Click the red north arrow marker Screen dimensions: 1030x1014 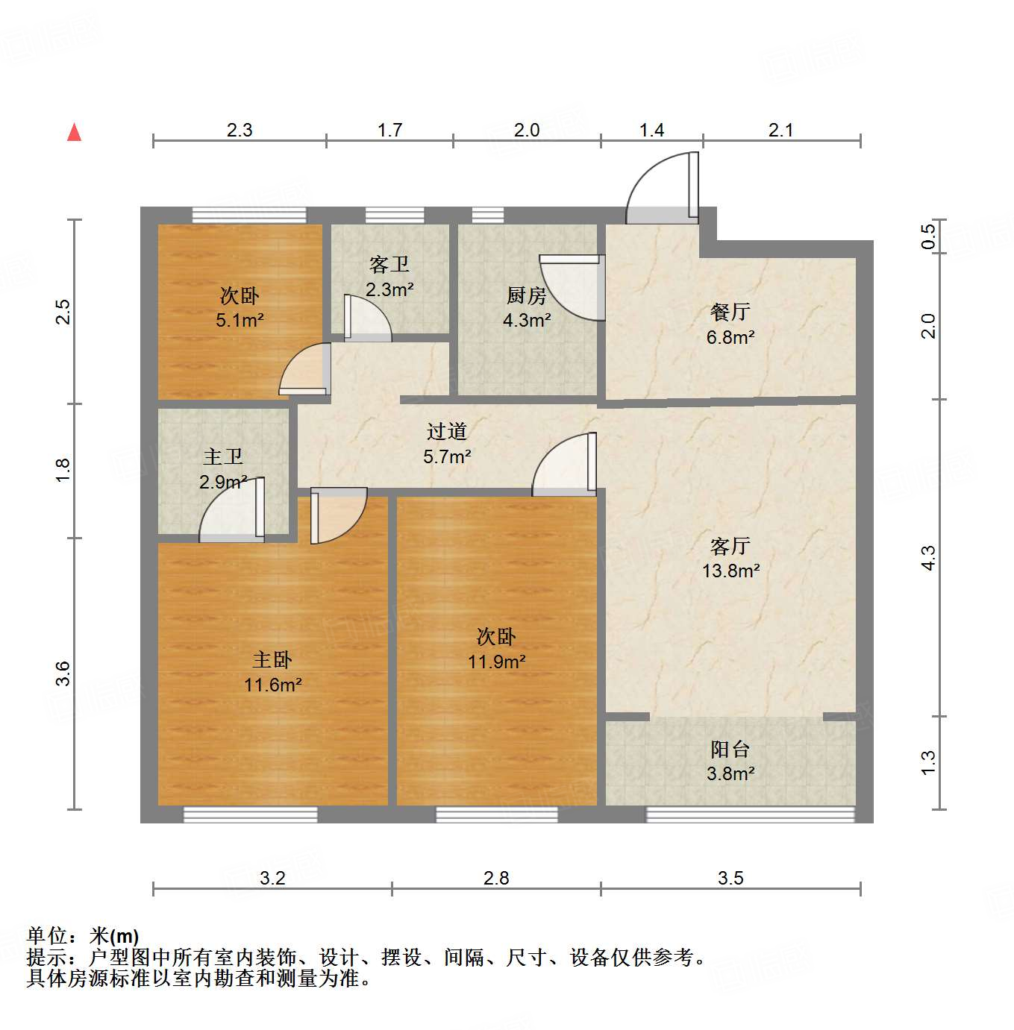pos(74,133)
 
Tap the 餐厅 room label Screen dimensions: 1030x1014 pos(730,312)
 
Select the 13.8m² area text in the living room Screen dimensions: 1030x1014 pos(730,571)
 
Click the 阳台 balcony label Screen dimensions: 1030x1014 pos(730,749)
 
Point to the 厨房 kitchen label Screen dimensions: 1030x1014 pos(526,296)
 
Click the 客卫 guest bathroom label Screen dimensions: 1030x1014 pos(389,265)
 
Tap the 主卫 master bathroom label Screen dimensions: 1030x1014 pos(223,456)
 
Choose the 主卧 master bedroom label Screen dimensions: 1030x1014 pos(272,660)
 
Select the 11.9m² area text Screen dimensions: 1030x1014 pos(496,662)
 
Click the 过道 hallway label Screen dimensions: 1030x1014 pos(447,431)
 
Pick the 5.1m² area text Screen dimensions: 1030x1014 pos(240,321)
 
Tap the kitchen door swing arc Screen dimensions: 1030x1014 pos(573,287)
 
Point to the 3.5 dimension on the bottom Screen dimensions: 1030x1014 pos(730,878)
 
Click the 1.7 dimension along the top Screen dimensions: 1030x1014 pos(389,131)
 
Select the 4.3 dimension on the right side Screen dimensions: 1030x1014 pos(927,558)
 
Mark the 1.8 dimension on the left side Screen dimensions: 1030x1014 pos(63,470)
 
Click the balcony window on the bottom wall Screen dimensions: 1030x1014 pos(750,814)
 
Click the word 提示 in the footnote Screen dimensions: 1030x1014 pos(46,958)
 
